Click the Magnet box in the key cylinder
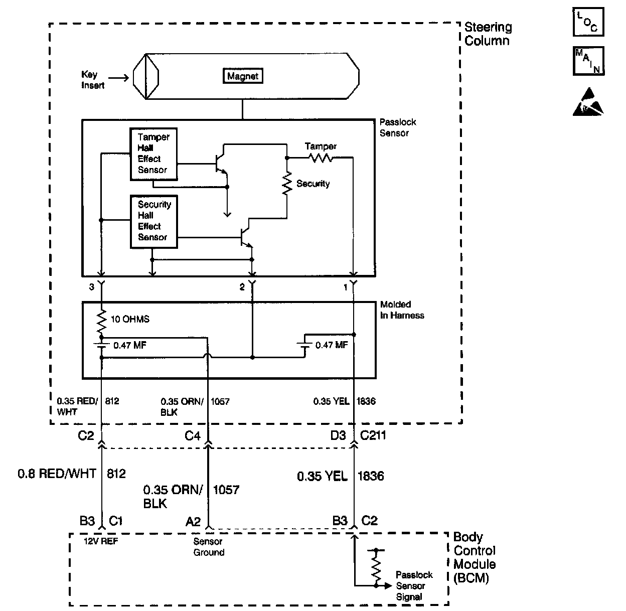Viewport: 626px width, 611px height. [x=243, y=76]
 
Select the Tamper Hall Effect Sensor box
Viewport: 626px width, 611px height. [x=153, y=154]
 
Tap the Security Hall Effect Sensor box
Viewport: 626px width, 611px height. [x=153, y=221]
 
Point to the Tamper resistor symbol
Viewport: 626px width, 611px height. [x=321, y=158]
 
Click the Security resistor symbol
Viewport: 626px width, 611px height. [x=287, y=184]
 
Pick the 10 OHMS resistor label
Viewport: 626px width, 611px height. [x=130, y=319]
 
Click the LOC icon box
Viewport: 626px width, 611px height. [x=588, y=21]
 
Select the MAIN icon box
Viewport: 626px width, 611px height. [x=588, y=61]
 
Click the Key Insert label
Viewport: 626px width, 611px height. [x=92, y=80]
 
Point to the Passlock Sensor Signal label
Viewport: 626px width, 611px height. [x=414, y=586]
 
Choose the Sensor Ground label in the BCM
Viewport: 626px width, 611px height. [x=209, y=547]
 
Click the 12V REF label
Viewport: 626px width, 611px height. [x=101, y=541]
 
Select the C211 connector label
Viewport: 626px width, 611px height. [x=373, y=435]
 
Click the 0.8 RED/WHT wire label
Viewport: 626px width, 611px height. [x=57, y=473]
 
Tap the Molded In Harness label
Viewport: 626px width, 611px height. [x=402, y=310]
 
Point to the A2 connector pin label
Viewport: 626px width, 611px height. [x=193, y=521]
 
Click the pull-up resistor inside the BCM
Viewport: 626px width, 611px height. [x=375, y=567]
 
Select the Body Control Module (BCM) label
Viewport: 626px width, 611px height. [x=475, y=557]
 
